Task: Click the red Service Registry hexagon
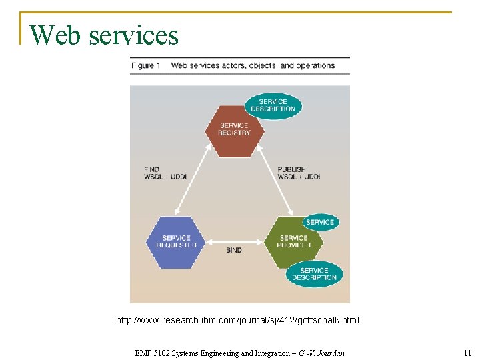pyautogui.click(x=234, y=129)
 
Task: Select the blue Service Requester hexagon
pyautogui.click(x=176, y=241)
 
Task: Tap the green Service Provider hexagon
pyautogui.click(x=293, y=241)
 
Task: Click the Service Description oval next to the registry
pyautogui.click(x=273, y=105)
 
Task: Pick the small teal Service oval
pyautogui.click(x=320, y=222)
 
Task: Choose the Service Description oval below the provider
pyautogui.click(x=314, y=274)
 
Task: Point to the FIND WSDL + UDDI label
pyautogui.click(x=165, y=173)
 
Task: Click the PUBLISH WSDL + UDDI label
pyautogui.click(x=299, y=173)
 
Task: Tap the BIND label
pyautogui.click(x=234, y=251)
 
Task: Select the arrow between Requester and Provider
pyautogui.click(x=234, y=241)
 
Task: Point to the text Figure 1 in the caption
pyautogui.click(x=145, y=65)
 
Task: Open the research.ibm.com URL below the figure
pyautogui.click(x=237, y=321)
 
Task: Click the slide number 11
pyautogui.click(x=467, y=353)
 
